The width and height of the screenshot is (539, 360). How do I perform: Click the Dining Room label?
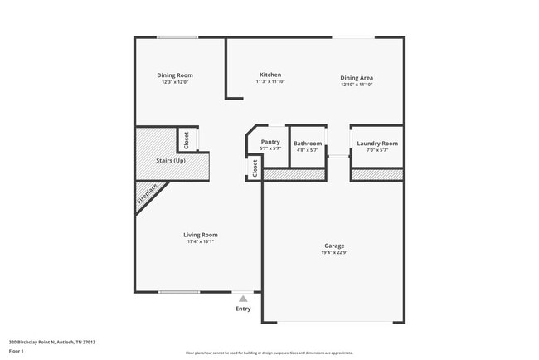(175, 75)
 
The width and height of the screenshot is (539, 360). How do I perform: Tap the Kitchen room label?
(269, 75)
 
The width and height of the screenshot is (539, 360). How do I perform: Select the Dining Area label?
(357, 77)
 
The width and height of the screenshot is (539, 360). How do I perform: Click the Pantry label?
(270, 142)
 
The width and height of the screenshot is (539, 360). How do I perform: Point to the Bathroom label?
(308, 143)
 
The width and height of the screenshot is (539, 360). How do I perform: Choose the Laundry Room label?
(377, 143)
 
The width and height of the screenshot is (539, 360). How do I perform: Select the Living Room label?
(200, 235)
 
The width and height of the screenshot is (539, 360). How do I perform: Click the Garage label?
(334, 246)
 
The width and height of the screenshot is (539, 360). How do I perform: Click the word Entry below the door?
(243, 309)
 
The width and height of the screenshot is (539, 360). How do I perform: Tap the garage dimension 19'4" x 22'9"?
(334, 253)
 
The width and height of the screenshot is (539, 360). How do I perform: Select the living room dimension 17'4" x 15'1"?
(200, 242)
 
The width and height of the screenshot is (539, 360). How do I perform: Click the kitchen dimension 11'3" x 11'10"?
(269, 82)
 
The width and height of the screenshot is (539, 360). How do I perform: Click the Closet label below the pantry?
(255, 169)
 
